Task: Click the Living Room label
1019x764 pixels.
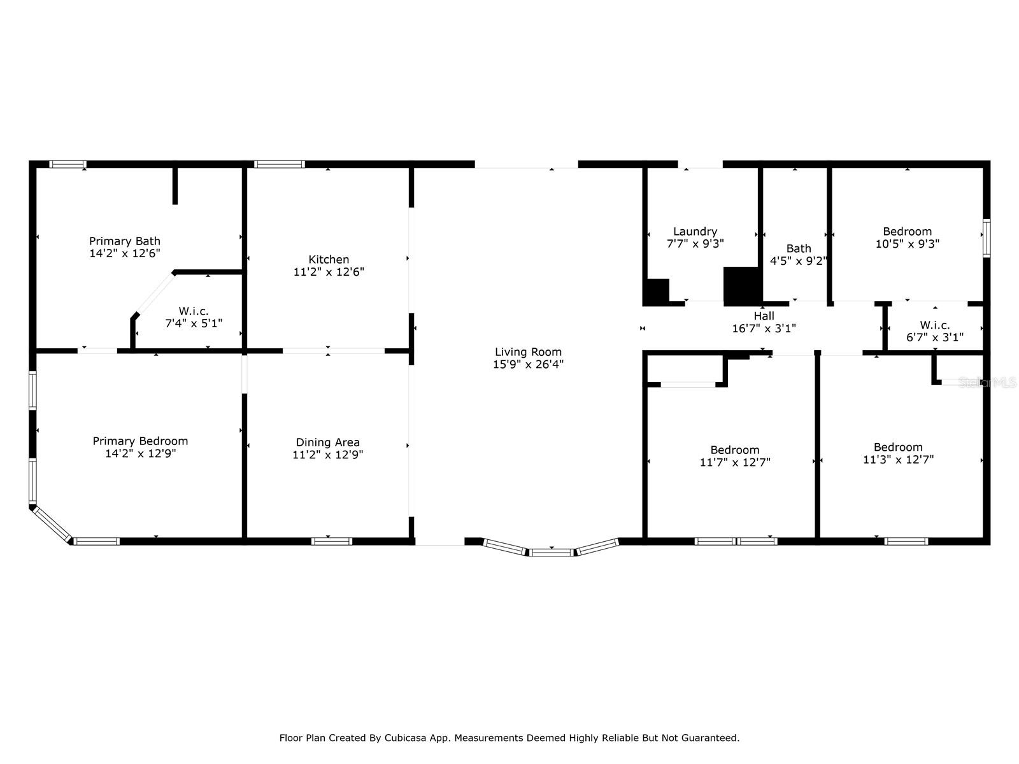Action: tap(528, 352)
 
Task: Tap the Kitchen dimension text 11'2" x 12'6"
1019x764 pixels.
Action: tap(329, 272)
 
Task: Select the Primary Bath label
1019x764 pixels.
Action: tap(124, 241)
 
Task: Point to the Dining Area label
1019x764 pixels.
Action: tap(328, 442)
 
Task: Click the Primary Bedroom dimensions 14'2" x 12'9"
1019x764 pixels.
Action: tap(140, 453)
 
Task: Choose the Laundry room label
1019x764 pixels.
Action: tap(695, 232)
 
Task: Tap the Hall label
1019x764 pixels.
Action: tap(764, 316)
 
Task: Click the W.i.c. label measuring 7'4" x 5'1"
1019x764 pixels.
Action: tap(194, 311)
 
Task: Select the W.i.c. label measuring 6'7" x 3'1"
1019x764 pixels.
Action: tap(934, 325)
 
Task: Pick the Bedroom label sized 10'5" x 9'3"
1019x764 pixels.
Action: tap(907, 232)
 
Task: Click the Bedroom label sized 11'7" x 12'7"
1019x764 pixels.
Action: tap(735, 450)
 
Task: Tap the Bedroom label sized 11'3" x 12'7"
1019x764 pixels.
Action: tap(898, 447)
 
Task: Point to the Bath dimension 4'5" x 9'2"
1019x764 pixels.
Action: tap(799, 261)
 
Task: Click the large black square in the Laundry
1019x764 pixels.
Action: tap(743, 286)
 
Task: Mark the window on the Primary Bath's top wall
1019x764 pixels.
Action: tap(68, 164)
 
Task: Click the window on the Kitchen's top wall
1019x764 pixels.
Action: tap(280, 164)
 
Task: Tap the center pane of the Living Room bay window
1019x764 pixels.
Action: tap(552, 552)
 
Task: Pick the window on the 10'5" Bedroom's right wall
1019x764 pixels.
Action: tap(987, 238)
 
